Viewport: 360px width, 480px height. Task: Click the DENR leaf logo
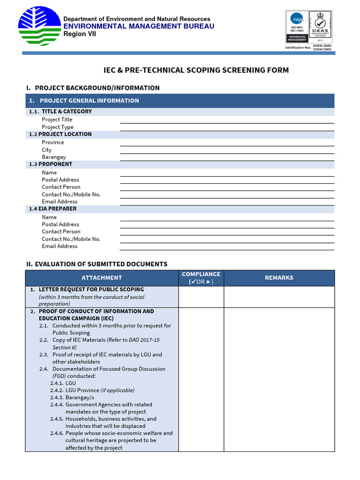coord(39,26)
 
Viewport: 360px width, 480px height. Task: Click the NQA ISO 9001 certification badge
coord(297,26)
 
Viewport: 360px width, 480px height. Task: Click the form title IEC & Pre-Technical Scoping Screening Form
coord(196,70)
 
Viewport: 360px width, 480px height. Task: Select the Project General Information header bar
coord(180,101)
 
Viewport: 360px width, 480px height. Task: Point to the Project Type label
coord(58,127)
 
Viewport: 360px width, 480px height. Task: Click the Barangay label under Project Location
coord(54,157)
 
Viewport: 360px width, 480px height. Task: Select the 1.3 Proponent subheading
coord(51,164)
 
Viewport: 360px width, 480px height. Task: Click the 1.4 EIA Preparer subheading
coord(52,209)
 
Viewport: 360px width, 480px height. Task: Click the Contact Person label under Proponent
coord(61,187)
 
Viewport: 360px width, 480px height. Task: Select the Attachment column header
coord(102,278)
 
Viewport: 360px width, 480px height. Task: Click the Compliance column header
coord(201,278)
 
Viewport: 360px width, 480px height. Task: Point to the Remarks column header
coord(279,278)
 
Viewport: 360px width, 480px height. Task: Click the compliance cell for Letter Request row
coord(201,297)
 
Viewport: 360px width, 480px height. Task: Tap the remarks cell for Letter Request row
coord(279,297)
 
